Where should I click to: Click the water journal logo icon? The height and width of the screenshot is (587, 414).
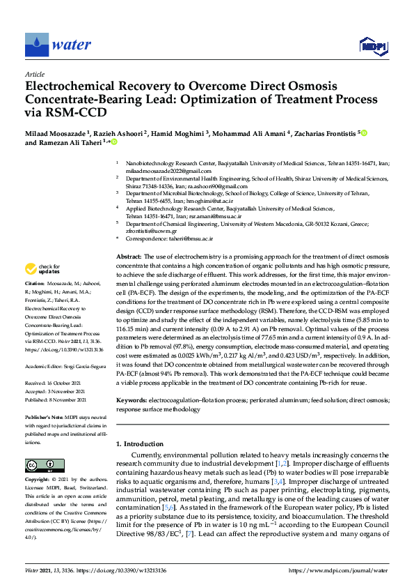click(37, 45)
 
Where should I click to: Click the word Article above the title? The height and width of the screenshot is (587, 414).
click(34, 74)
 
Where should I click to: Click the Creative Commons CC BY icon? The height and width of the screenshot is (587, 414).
click(35, 465)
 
